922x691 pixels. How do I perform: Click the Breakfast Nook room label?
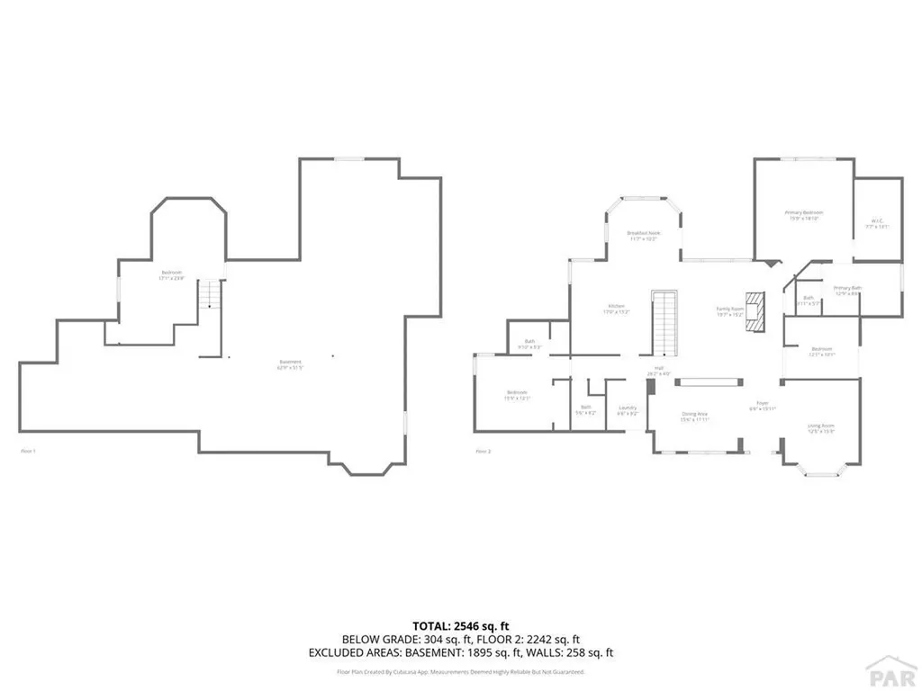point(642,236)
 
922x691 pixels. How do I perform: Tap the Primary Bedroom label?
point(806,214)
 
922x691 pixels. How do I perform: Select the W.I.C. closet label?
point(877,223)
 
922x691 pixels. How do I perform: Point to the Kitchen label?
point(617,309)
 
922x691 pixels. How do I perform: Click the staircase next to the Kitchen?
point(665,324)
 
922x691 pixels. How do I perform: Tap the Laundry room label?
point(628,409)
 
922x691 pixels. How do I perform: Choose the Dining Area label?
point(694,416)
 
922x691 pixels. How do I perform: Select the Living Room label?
point(820,427)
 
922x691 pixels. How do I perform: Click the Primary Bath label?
point(847,290)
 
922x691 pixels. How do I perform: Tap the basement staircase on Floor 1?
point(210,294)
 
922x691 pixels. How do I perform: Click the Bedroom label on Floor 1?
point(172,274)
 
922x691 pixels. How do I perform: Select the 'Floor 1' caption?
point(28,450)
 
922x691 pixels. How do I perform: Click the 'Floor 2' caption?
point(484,450)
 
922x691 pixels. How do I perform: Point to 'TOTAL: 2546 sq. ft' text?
point(461,625)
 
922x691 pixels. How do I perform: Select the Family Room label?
point(728,310)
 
